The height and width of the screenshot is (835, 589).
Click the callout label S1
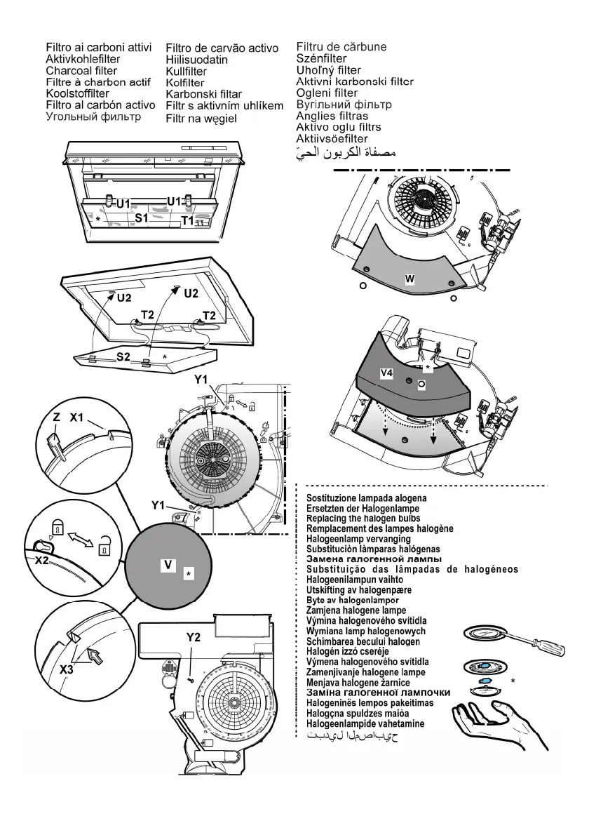pos(141,218)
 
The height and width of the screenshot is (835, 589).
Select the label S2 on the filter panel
pos(124,356)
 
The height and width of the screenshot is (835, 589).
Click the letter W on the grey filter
pos(410,279)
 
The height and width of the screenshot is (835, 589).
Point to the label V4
pos(386,375)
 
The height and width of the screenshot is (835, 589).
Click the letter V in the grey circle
pos(167,563)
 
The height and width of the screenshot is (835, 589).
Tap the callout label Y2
pos(194,637)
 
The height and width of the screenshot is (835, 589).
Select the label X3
pos(67,669)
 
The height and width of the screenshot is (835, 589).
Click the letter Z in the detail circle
pos(57,417)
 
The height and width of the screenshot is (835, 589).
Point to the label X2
pos(42,561)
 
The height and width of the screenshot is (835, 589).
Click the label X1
pos(76,417)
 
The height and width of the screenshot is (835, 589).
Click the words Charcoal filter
pos(81,71)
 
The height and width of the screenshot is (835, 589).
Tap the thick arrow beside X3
pos(93,657)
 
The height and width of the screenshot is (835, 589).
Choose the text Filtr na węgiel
pos(201,119)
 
